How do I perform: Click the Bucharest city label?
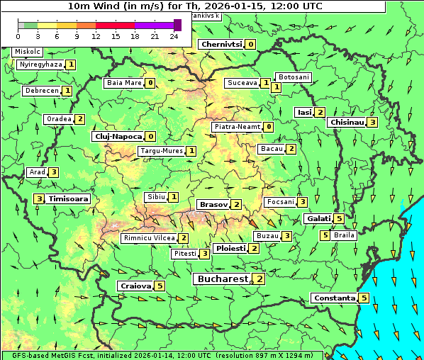pyautogui.click(x=223, y=279)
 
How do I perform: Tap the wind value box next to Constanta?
pyautogui.click(x=364, y=298)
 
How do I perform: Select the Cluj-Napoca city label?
pyautogui.click(x=117, y=136)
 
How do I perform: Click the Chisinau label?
pyautogui.click(x=347, y=122)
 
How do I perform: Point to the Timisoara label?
pyautogui.click(x=69, y=199)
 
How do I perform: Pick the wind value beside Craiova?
pyautogui.click(x=160, y=286)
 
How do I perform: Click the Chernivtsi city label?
pyautogui.click(x=221, y=44)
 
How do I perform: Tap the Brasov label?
pyautogui.click(x=213, y=204)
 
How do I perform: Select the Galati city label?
pyautogui.click(x=318, y=218)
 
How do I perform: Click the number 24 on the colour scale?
pyautogui.click(x=174, y=36)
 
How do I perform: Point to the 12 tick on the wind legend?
pyautogui.click(x=96, y=36)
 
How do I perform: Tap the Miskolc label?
pyautogui.click(x=28, y=52)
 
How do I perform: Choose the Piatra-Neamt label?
pyautogui.click(x=237, y=127)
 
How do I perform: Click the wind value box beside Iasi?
pyautogui.click(x=320, y=112)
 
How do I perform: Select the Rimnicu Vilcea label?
pyautogui.click(x=148, y=238)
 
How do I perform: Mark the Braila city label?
pyautogui.click(x=344, y=235)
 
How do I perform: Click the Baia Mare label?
pyautogui.click(x=124, y=83)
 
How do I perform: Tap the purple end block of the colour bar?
pyautogui.click(x=177, y=25)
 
